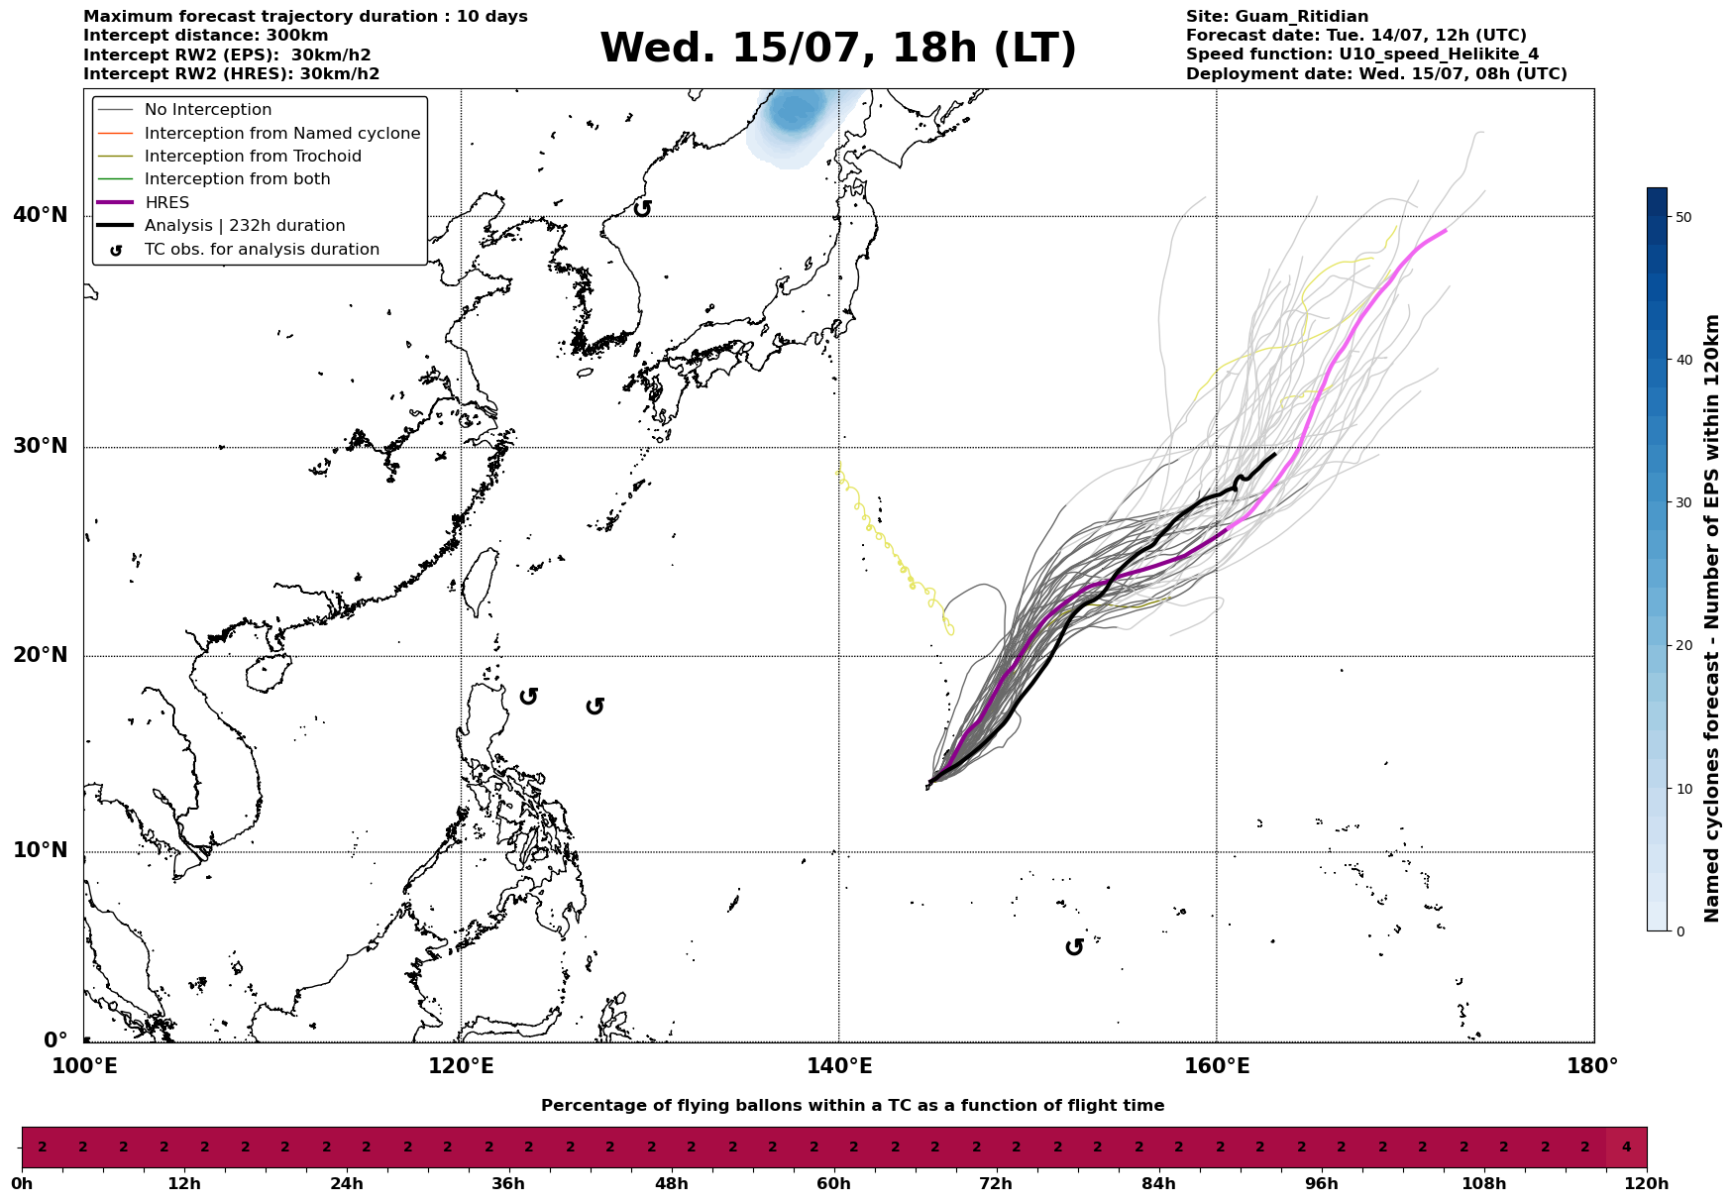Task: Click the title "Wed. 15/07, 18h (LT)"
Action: [x=837, y=49]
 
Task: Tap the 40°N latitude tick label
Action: [x=41, y=215]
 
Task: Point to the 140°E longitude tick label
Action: [x=839, y=1066]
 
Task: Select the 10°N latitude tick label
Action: [x=41, y=850]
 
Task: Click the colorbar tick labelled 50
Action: [x=1682, y=217]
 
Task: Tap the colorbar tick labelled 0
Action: [x=1678, y=930]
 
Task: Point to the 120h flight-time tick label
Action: [x=1647, y=1183]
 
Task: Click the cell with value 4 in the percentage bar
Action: [x=1626, y=1147]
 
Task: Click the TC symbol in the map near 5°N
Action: [x=1074, y=947]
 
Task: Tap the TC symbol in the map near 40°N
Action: [x=642, y=208]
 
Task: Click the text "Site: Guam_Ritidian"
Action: [x=1277, y=17]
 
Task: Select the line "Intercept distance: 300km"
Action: [x=206, y=36]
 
